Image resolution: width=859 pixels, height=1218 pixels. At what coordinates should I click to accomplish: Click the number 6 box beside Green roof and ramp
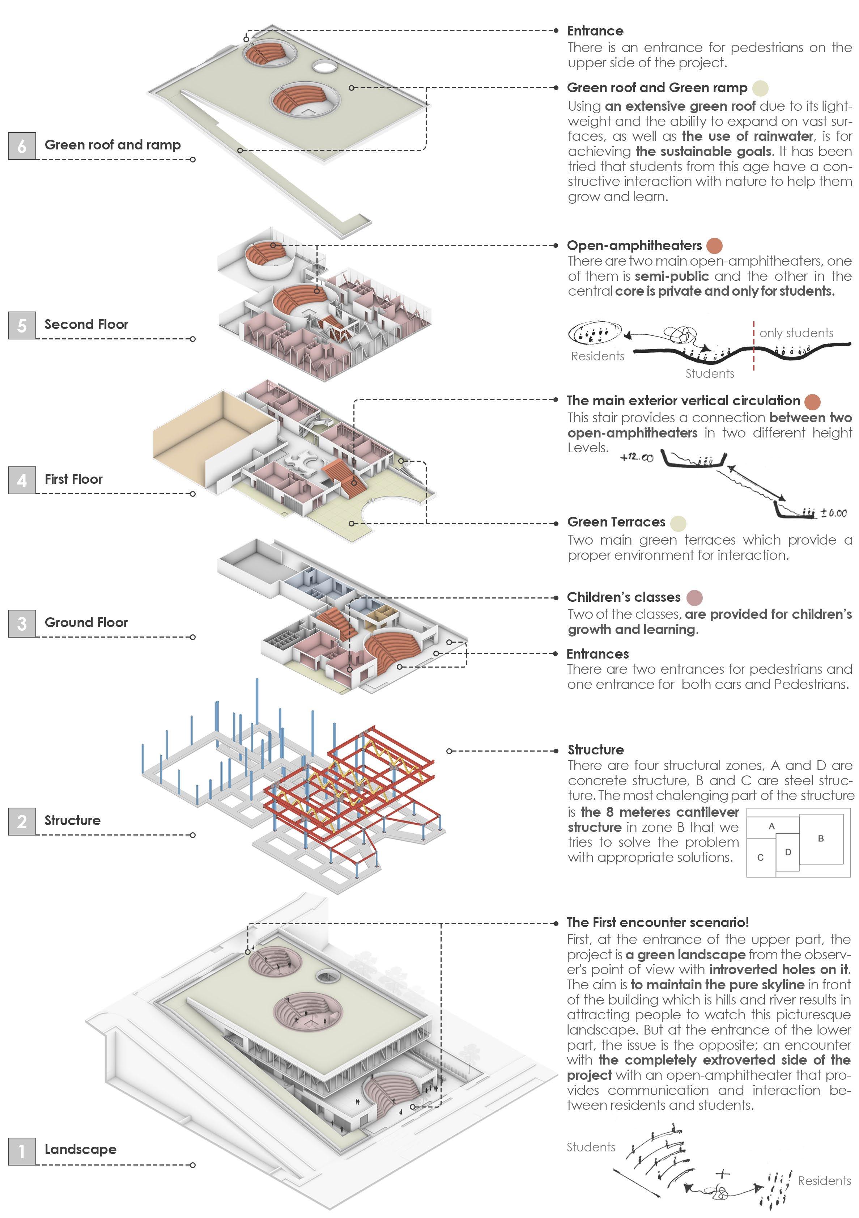[22, 146]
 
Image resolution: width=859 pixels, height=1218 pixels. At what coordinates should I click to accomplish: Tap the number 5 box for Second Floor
[22, 325]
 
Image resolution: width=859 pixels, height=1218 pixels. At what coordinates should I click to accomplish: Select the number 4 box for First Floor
[22, 480]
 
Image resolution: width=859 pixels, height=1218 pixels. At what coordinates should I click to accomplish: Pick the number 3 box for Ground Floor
[22, 623]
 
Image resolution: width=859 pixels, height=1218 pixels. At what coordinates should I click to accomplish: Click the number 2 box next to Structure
[22, 821]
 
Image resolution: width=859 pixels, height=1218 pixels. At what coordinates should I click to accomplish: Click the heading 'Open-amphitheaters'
[634, 246]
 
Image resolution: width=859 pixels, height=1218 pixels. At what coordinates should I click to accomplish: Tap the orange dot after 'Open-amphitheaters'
[714, 246]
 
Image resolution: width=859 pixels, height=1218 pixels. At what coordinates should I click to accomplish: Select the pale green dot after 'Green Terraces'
[678, 523]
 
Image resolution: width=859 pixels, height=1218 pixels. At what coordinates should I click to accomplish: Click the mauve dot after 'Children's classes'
[694, 598]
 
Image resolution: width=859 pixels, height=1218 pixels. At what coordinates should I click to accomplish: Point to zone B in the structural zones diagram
[820, 839]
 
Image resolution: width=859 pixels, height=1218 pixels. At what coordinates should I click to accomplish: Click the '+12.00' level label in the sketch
[636, 457]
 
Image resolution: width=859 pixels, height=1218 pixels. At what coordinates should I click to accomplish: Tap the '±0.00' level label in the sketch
[833, 513]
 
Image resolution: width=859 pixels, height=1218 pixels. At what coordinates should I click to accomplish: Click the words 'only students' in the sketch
[796, 333]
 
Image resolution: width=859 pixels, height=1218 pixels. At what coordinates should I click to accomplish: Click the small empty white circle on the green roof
[324, 66]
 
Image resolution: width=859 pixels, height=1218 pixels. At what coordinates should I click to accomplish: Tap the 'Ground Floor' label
[86, 622]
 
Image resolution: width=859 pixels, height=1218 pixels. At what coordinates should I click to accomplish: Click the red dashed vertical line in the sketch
[753, 345]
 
